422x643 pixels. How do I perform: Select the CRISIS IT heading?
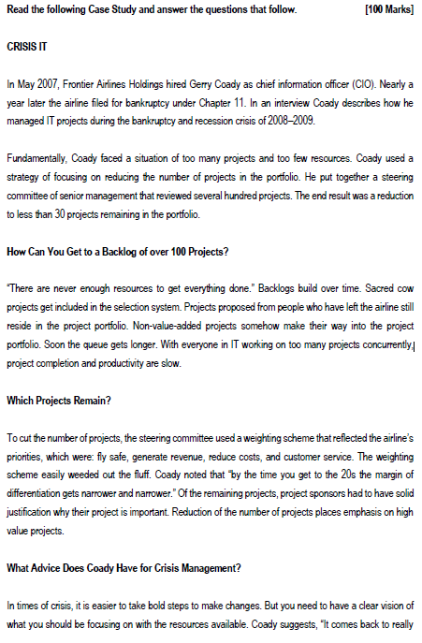28,46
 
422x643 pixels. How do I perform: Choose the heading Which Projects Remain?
59,400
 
